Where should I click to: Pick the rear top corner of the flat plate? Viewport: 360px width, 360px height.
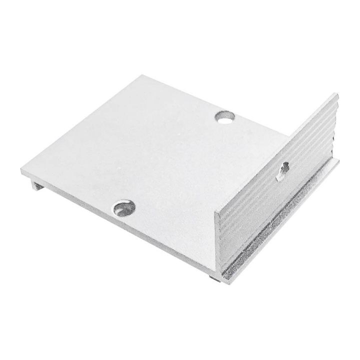[141, 76]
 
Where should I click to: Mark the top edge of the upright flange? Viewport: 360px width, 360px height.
[275, 152]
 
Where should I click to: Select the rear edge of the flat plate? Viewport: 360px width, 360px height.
[215, 105]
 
